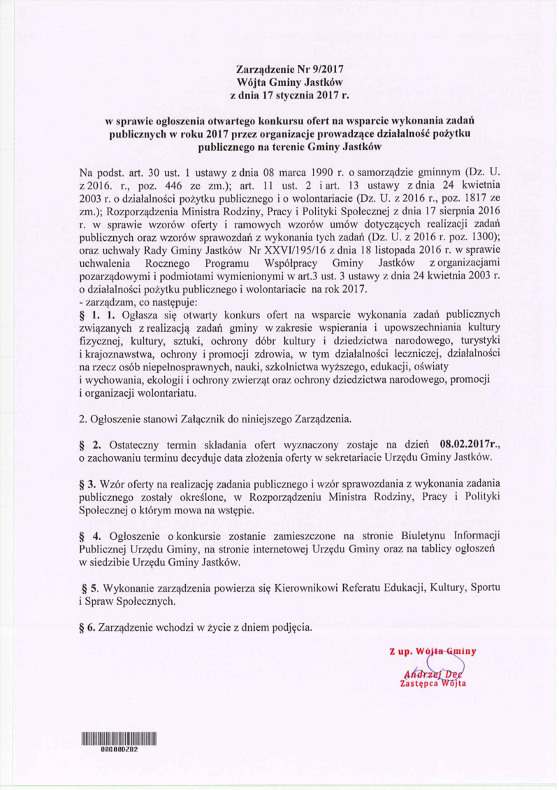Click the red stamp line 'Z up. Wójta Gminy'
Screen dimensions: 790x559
click(433, 652)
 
